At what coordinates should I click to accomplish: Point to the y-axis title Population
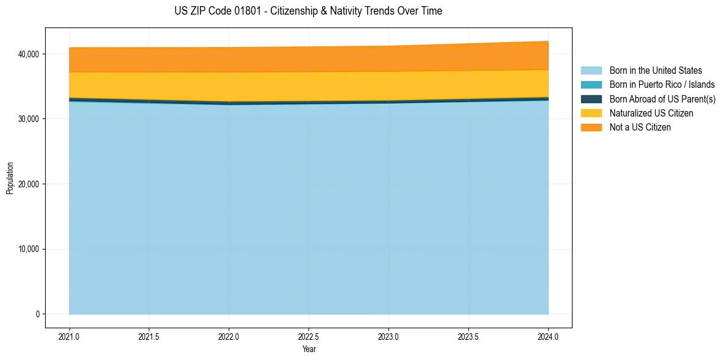[x=10, y=178]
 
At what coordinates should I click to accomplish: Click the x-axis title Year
[x=309, y=349]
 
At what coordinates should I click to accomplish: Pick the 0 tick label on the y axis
[x=37, y=314]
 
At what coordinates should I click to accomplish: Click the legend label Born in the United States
[x=655, y=71]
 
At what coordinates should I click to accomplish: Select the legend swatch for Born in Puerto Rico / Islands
[x=591, y=85]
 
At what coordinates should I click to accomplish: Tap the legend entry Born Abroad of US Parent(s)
[x=662, y=99]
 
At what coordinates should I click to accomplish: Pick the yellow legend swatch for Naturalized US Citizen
[x=591, y=113]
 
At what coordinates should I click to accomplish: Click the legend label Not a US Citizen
[x=640, y=127]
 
